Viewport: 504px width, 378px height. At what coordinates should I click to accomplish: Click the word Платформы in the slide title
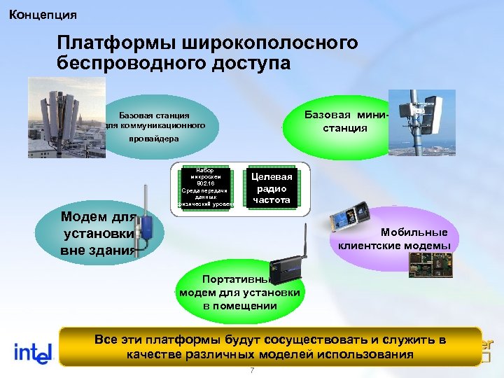pos(116,43)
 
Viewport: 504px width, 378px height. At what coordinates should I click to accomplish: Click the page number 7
pos(251,370)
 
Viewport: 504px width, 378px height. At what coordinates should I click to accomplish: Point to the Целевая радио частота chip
pos(272,188)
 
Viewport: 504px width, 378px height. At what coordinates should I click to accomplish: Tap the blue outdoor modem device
pos(148,227)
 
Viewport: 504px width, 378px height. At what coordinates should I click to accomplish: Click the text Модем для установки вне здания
pos(97,234)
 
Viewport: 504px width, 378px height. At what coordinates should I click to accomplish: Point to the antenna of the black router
pos(306,239)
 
